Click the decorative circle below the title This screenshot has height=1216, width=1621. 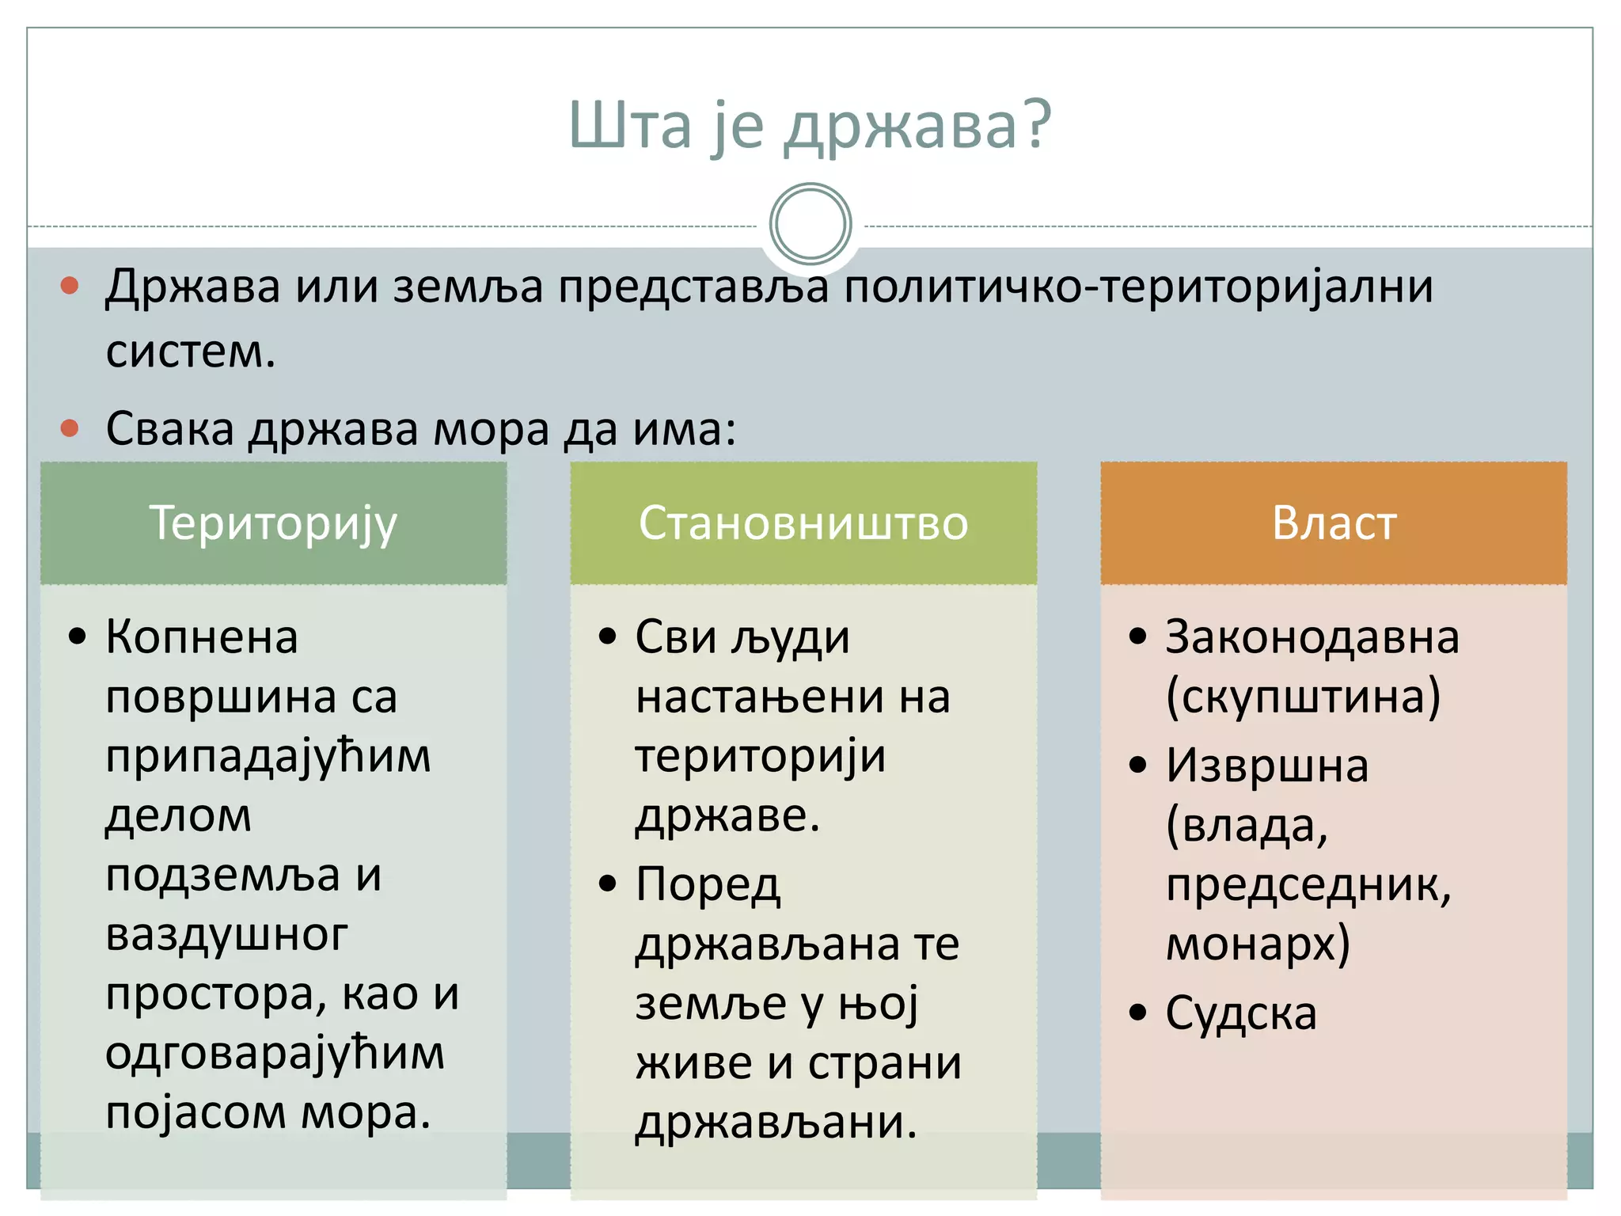pos(810,224)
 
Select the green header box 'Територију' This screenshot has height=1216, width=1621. pos(273,523)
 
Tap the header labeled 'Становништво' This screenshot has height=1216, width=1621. pos(803,523)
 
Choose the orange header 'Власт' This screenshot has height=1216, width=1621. pos(1334,523)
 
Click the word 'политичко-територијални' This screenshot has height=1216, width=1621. pos(1138,287)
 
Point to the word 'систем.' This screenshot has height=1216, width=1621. pos(191,351)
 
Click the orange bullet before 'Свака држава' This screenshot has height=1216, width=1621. pos(70,428)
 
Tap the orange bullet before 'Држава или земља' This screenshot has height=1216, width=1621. pos(70,285)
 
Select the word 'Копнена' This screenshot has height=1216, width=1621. pos(202,637)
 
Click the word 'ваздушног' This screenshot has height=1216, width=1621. pos(226,936)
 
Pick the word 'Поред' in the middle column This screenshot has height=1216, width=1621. pos(708,885)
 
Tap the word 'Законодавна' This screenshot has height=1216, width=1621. pos(1312,637)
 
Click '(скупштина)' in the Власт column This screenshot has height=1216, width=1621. pos(1303,697)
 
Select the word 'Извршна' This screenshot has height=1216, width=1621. pos(1266,766)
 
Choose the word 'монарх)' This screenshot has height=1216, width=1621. pos(1258,944)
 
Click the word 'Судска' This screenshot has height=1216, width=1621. pos(1240,1013)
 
